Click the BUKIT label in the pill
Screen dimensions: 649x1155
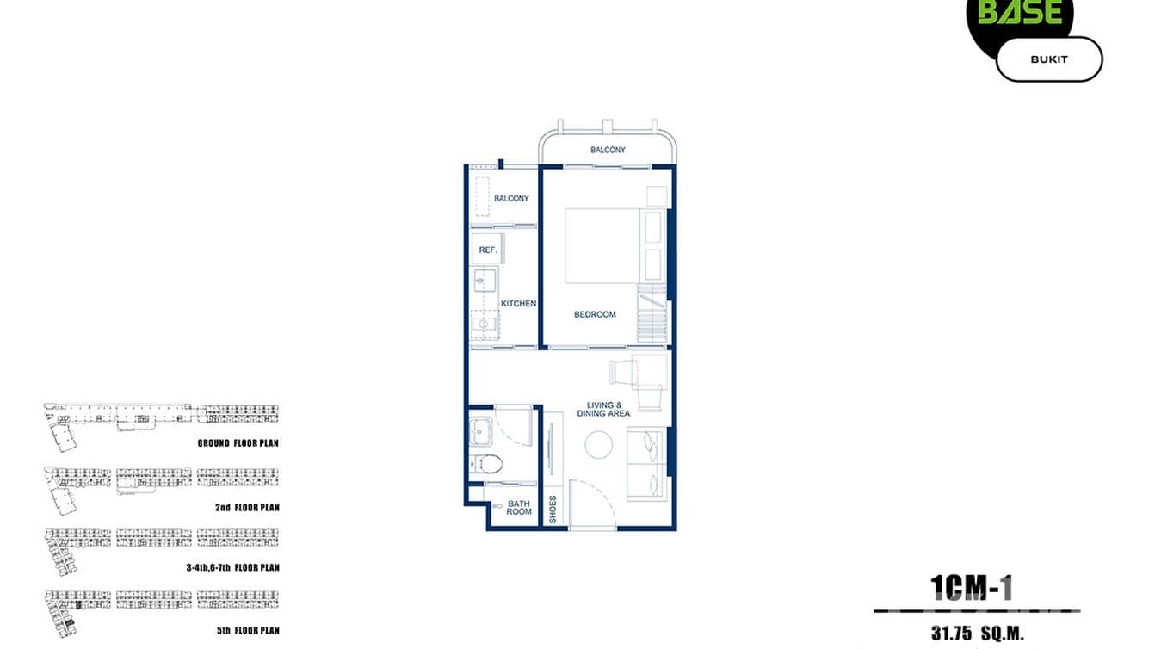point(1048,59)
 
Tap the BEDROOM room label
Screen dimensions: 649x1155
point(595,314)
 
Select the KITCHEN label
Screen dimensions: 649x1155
point(518,303)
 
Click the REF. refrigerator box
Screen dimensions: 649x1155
point(486,249)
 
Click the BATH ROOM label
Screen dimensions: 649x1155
point(519,507)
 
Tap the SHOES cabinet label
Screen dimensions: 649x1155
point(553,509)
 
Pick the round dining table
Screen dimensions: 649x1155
point(599,445)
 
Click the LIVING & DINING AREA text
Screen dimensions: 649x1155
point(608,409)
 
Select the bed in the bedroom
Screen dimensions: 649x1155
point(602,245)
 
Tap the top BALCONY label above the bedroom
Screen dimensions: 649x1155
point(608,150)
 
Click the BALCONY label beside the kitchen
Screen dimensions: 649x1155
point(511,198)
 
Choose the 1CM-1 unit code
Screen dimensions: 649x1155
point(972,588)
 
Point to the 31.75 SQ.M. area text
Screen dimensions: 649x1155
point(977,634)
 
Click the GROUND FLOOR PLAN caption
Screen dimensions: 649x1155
point(238,443)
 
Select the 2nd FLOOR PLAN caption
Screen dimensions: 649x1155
point(247,508)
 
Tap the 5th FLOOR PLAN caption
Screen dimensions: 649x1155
point(248,630)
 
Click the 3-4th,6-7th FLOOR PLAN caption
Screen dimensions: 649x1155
point(232,568)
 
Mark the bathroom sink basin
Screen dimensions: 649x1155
point(482,430)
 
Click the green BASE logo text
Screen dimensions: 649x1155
point(1020,12)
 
